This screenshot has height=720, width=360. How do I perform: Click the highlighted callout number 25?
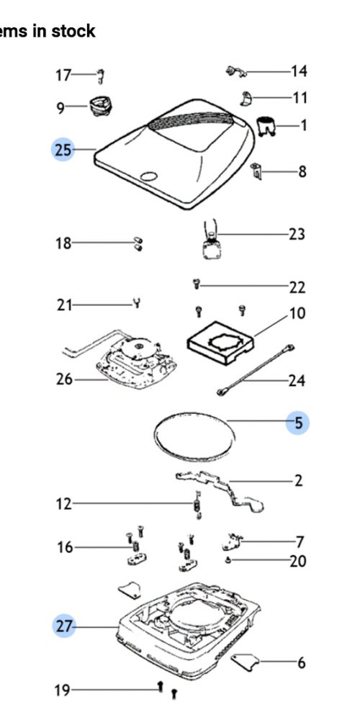(x=63, y=150)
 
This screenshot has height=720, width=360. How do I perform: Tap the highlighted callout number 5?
(x=297, y=423)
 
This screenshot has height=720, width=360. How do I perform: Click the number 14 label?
(x=299, y=71)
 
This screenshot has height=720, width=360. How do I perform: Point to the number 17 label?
(x=63, y=75)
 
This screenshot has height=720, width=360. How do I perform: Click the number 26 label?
(x=64, y=379)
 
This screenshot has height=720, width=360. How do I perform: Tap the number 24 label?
(x=297, y=381)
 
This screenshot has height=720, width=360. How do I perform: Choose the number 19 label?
(x=63, y=690)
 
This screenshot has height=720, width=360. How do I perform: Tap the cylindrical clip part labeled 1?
(x=266, y=126)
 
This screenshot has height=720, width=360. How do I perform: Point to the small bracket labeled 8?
(x=256, y=171)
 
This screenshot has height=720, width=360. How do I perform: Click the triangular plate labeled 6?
(x=245, y=662)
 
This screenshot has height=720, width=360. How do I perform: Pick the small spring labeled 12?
(x=197, y=505)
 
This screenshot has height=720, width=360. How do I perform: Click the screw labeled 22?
(x=197, y=284)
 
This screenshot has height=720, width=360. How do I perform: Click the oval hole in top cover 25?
(x=149, y=176)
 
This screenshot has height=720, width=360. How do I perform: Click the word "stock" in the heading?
(x=73, y=31)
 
